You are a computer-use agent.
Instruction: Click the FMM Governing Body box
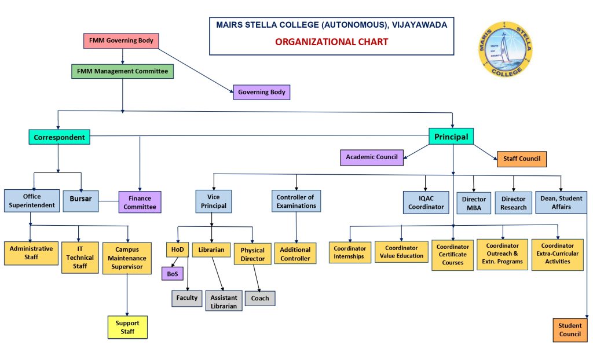121,41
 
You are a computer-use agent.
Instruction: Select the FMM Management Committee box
122,71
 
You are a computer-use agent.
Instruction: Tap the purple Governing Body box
262,91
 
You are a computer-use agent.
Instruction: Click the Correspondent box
59,137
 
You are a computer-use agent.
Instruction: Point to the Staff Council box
521,159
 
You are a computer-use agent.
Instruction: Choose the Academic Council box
371,157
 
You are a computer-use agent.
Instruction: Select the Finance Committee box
140,202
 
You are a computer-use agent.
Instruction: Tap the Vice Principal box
213,201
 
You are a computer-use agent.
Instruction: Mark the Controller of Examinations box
295,201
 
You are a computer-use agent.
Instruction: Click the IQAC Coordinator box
426,202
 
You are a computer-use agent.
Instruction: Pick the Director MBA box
474,203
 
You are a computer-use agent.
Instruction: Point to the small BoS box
171,274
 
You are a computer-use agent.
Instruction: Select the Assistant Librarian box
224,302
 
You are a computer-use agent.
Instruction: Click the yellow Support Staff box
127,327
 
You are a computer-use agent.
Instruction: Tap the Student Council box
570,330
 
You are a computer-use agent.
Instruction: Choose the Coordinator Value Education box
401,252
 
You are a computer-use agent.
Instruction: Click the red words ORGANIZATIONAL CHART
331,42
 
